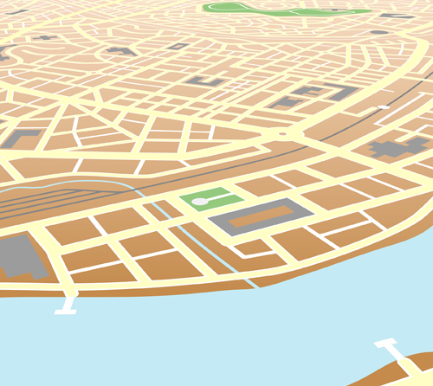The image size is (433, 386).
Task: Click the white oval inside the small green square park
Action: click(x=200, y=202)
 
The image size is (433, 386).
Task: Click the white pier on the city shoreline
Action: click(x=66, y=303)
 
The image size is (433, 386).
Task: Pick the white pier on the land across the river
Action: click(x=391, y=351)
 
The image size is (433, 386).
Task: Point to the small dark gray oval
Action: click(x=378, y=32)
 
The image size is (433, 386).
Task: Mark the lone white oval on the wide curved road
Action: click(x=383, y=107)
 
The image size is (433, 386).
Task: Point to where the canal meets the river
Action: click(x=254, y=286)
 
